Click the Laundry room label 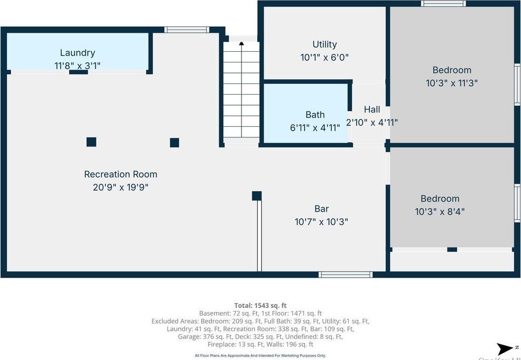point(77,53)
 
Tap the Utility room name point(324,44)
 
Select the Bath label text point(315,115)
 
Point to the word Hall point(371,109)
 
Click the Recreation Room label point(120,174)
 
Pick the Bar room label point(321,209)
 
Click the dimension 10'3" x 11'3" point(452,83)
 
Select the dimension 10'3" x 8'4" point(440,211)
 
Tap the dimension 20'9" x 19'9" point(120,187)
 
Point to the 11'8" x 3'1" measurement point(77,66)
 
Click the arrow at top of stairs point(241,44)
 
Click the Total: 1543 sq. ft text point(260,306)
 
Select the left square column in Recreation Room point(91,142)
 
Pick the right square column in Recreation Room point(174,142)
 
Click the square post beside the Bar point(257,196)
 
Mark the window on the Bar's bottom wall point(345,274)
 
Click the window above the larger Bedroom point(443,4)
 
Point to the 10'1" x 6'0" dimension point(324,58)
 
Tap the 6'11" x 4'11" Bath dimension point(315,127)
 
